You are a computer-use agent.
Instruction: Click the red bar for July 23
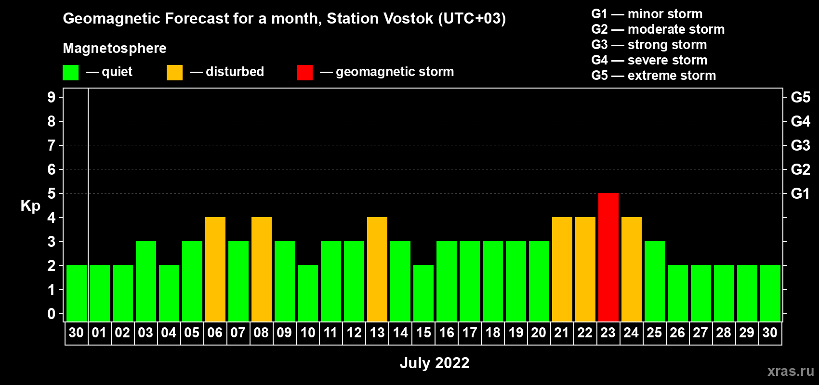608,257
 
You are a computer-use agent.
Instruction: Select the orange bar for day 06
215,269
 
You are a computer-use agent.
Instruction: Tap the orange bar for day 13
377,269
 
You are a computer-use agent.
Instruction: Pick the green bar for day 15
423,293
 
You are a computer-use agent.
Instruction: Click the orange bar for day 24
632,269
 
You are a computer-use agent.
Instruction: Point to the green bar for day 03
146,281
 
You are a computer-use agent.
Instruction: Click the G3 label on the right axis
800,145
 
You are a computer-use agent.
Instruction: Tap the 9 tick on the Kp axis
51,97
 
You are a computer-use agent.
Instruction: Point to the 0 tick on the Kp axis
51,314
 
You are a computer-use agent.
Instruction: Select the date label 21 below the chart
562,333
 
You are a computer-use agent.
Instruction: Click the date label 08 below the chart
261,333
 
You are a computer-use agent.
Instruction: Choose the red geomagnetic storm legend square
305,72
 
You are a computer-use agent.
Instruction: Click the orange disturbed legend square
174,72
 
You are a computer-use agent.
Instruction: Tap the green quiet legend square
70,72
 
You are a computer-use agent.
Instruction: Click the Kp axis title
30,206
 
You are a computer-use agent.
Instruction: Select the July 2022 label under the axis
435,363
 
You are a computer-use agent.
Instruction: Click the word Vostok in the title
409,18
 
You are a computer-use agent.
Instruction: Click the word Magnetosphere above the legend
115,48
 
